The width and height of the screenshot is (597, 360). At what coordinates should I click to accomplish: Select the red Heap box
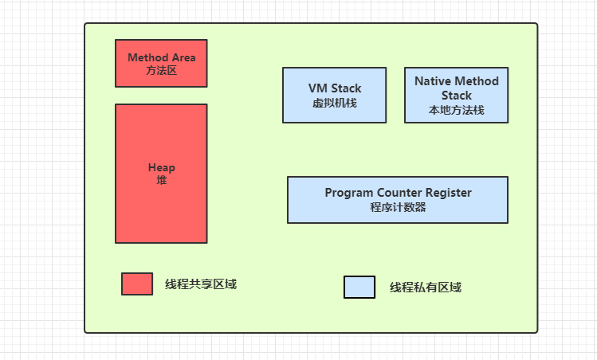[161, 207]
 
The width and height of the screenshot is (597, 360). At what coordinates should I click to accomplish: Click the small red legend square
[137, 284]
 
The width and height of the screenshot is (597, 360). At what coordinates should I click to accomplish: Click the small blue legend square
[359, 288]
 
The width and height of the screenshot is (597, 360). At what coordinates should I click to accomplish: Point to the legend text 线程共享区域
[200, 284]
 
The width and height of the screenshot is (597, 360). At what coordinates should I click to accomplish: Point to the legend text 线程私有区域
[425, 288]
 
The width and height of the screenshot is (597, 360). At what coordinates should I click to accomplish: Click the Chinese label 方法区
[161, 71]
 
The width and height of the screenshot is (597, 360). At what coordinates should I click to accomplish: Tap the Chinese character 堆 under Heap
[161, 181]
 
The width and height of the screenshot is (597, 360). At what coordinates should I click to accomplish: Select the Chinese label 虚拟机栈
[335, 102]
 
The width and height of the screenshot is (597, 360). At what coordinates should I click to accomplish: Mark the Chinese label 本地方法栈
[456, 110]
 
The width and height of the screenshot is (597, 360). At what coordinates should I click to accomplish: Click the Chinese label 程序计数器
[398, 207]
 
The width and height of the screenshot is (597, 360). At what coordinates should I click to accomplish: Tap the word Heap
[161, 168]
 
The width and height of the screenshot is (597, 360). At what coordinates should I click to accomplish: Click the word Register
[448, 193]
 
